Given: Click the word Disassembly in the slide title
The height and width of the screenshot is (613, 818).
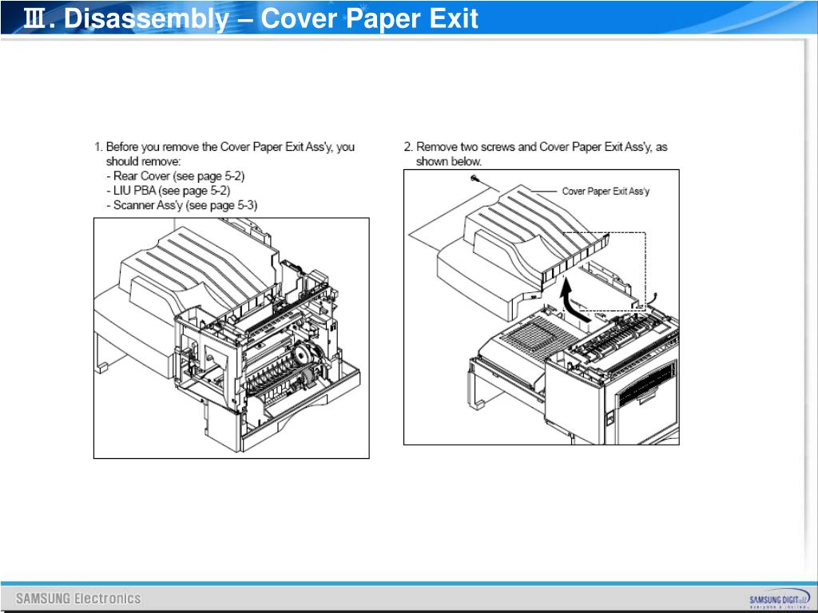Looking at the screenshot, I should click(145, 18).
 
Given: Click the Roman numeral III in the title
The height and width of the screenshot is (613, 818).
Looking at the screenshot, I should click(34, 18).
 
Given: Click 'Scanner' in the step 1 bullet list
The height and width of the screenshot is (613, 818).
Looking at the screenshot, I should click(136, 205).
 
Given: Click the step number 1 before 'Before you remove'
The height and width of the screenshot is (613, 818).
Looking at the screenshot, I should click(97, 147).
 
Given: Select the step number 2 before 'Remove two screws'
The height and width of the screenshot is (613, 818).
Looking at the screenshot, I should click(407, 147).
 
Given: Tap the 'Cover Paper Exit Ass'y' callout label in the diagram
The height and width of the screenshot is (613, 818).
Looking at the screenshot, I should click(606, 192).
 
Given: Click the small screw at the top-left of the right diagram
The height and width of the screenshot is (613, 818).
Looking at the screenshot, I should click(475, 180).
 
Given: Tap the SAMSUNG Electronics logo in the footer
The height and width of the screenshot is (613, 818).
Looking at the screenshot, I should click(78, 598).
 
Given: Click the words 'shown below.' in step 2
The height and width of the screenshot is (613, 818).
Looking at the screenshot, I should click(449, 161).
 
